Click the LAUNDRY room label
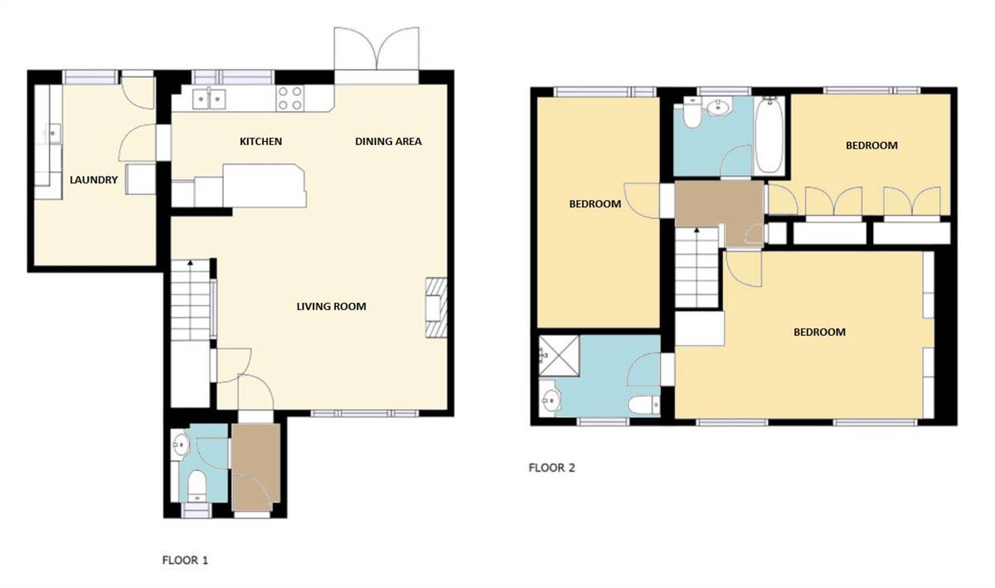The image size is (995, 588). coord(94,180)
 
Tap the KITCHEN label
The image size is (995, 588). coord(260,142)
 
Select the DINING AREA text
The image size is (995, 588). coord(388,142)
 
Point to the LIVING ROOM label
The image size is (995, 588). coord(331,307)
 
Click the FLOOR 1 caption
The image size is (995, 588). coord(184,561)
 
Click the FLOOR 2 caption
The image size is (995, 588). coord(551,468)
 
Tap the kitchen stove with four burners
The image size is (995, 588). coord(289,99)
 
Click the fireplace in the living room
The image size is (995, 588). coord(436,309)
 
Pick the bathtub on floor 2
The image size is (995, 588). coord(769,134)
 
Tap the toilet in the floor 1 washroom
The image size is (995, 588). coord(197,484)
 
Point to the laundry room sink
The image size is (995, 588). coord(53,131)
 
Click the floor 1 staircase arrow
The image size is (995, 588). coord(191,264)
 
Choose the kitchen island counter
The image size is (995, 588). coord(264,186)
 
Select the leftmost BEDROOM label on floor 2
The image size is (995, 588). coord(595,204)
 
